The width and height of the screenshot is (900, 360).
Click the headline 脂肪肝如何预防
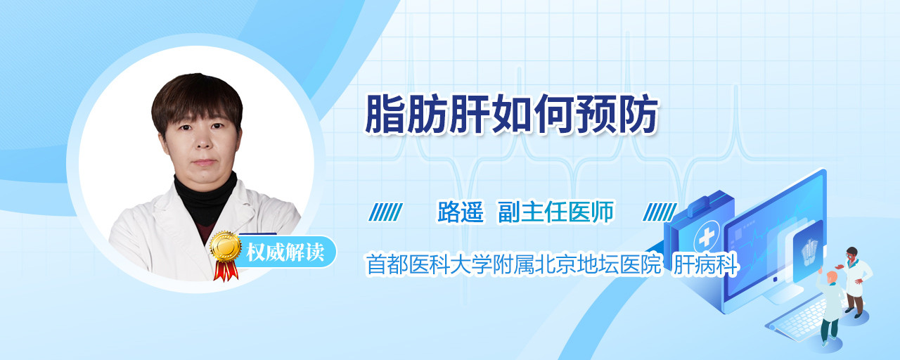[x=511, y=114]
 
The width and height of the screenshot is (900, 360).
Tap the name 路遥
[x=461, y=212]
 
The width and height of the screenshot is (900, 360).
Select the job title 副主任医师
[x=556, y=212]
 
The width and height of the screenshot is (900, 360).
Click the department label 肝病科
[x=705, y=264]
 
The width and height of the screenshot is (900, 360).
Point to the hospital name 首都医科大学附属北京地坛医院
[x=513, y=264]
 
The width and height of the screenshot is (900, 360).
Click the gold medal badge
[x=226, y=246]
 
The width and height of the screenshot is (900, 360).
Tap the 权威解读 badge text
[x=285, y=252]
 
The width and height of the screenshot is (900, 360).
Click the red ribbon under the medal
[x=226, y=271]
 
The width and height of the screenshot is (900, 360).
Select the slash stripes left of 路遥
[x=386, y=212]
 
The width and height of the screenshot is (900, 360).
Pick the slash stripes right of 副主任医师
[x=660, y=212]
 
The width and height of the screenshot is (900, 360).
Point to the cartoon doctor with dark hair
[x=855, y=281]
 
